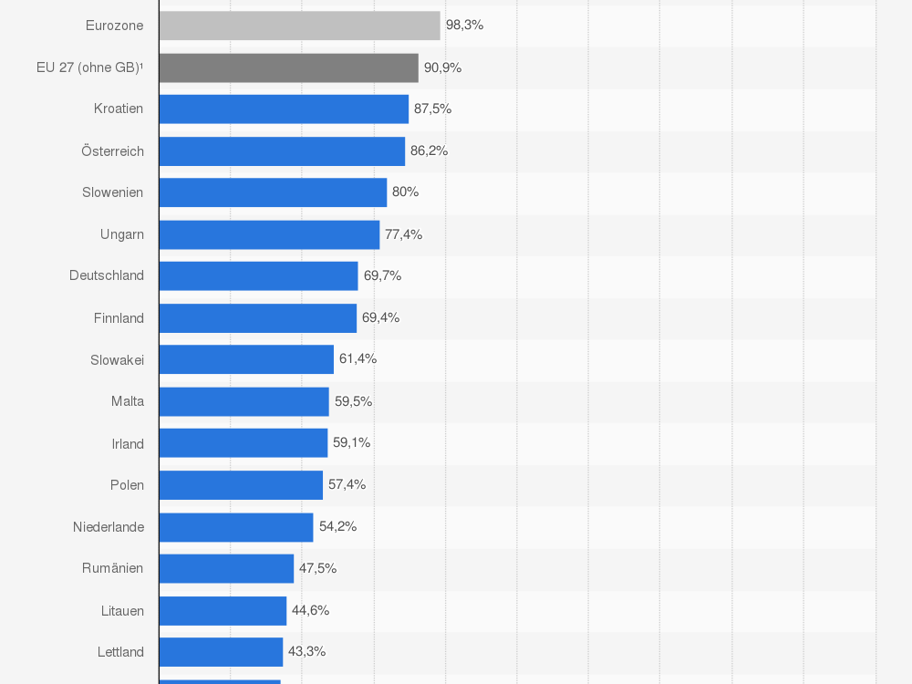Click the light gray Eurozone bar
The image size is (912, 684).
click(x=299, y=26)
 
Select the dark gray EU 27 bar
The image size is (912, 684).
click(x=288, y=67)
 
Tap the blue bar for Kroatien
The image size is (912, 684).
click(x=284, y=109)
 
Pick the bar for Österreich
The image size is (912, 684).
click(x=282, y=150)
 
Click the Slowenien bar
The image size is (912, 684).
click(x=273, y=192)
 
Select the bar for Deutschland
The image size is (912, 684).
click(x=258, y=275)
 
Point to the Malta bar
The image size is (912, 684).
click(x=244, y=401)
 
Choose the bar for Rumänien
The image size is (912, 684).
click(x=226, y=568)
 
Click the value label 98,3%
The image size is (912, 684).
click(x=464, y=26)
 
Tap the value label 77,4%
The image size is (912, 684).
click(x=403, y=234)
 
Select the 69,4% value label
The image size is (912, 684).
click(x=380, y=317)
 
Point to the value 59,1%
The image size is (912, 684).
click(x=351, y=442)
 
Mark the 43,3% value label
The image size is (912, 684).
click(x=306, y=651)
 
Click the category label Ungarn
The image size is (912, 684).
click(x=122, y=234)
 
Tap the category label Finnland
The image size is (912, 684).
click(x=119, y=318)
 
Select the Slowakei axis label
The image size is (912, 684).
click(x=117, y=360)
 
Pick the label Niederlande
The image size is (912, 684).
click(x=109, y=526)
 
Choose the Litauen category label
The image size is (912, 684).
click(x=122, y=610)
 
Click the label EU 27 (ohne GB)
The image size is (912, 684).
click(x=90, y=67)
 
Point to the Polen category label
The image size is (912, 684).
click(x=127, y=485)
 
